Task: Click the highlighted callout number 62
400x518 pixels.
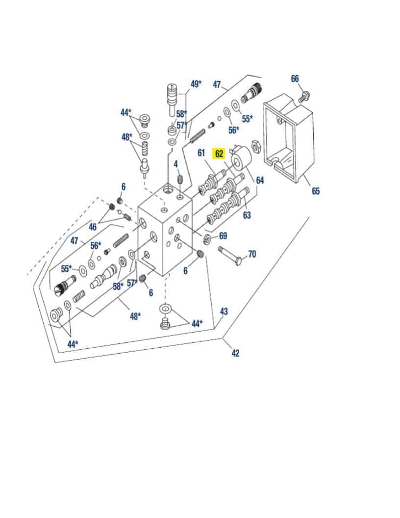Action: (219, 154)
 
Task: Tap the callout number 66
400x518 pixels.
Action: (295, 79)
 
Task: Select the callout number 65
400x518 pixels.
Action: (315, 191)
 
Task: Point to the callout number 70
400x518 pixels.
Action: (252, 254)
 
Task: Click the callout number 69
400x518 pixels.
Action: (223, 236)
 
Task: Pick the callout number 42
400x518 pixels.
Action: (235, 353)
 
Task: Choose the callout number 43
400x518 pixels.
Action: (224, 311)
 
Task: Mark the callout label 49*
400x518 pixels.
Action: (196, 84)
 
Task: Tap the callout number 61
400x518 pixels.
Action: (201, 153)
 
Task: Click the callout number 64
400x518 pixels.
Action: (260, 181)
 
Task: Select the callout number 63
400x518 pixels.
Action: (247, 215)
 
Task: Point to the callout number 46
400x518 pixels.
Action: (92, 227)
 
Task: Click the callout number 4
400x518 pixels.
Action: (175, 164)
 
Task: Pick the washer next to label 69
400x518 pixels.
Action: (207, 239)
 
